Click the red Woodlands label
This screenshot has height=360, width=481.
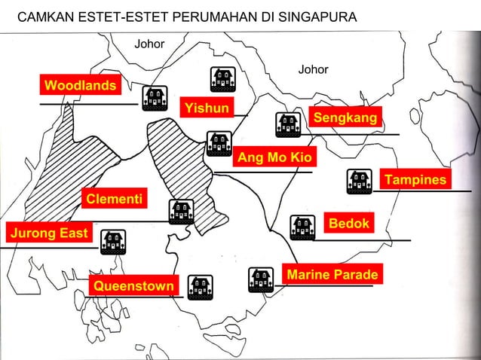80,84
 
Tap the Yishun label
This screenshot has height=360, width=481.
207,108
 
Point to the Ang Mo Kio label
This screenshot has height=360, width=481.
276,157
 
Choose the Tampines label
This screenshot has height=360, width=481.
415,180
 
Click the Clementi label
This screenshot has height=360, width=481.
115,200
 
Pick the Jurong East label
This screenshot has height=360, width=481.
47,233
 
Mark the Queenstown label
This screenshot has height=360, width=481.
133,287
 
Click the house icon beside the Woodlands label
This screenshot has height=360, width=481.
155,98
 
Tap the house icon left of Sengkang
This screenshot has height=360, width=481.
287,125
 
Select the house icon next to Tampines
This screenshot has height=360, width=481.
359,181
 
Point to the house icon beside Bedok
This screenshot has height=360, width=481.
303,227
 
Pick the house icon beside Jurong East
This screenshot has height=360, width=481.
113,242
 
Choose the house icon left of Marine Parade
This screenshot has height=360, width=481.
261,279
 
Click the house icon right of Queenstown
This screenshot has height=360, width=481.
200,286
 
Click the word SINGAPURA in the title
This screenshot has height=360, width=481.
316,17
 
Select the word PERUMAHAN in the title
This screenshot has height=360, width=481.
207,17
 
